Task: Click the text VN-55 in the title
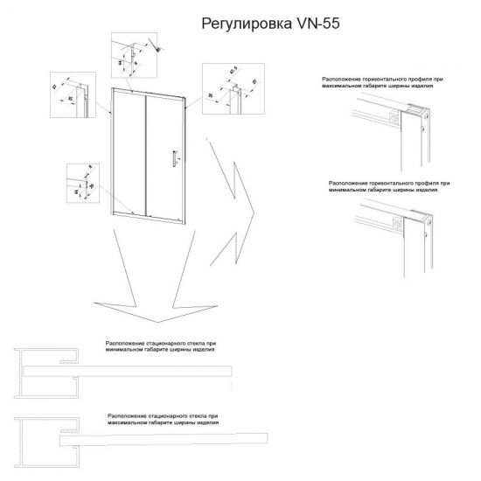pyautogui.click(x=304, y=24)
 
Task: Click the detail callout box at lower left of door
pyautogui.click(x=83, y=184)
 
